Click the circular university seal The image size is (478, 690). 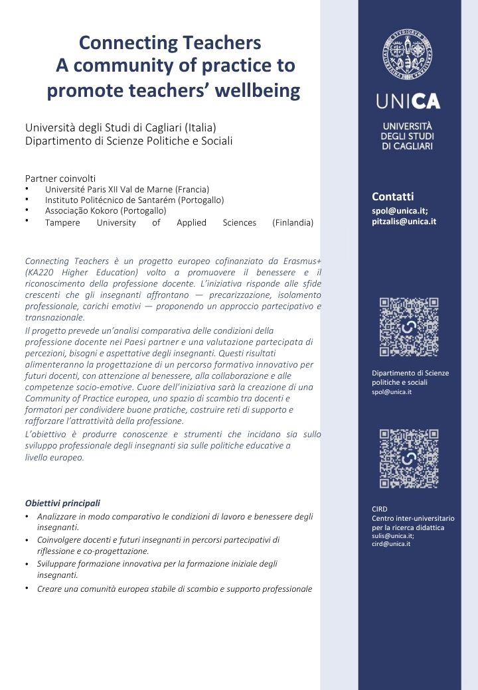(x=408, y=55)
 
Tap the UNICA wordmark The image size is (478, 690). (x=408, y=102)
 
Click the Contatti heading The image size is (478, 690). (x=392, y=196)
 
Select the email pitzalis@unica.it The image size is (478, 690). (x=404, y=222)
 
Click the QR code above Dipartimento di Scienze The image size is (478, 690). (x=408, y=327)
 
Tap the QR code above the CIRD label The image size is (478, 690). (x=408, y=458)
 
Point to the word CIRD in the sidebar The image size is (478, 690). (x=379, y=509)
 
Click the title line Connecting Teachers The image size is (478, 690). (x=170, y=43)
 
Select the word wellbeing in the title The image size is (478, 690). (x=257, y=90)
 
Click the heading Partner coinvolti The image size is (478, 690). (x=60, y=178)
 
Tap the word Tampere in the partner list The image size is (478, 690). (x=62, y=223)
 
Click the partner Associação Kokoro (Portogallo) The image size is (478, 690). (x=106, y=211)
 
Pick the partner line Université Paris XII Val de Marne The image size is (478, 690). (x=127, y=189)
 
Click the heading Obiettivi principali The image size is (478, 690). (x=62, y=503)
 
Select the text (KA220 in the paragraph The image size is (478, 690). (x=39, y=272)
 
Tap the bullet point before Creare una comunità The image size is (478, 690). (x=27, y=588)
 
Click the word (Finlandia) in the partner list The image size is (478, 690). (x=293, y=223)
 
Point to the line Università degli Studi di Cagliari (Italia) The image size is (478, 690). (x=121, y=127)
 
